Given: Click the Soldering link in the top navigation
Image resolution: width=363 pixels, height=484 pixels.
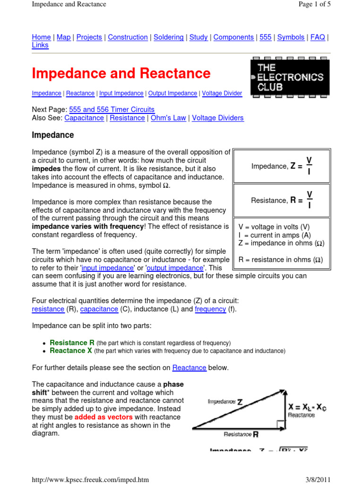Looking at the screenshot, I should coord(168,37).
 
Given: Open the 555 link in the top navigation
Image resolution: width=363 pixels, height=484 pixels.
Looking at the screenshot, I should coord(266,37).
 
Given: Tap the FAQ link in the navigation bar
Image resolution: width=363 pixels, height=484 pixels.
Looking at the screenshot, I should coord(318,37).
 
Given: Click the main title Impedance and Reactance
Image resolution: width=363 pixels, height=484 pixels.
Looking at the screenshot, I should coord(121,74).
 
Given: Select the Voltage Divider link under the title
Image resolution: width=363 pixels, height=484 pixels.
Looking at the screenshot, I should coord(222,94).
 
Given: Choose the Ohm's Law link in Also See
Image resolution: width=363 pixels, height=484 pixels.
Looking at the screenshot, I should coord(168,118).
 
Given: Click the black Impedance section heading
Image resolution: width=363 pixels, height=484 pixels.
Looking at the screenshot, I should coord(53,135).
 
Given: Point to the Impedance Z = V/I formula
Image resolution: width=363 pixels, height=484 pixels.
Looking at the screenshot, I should coord(282,166).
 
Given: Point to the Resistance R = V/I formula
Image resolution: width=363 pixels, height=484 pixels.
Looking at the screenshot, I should coord(282,200).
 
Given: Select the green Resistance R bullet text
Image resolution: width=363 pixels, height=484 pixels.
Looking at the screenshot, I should coord(72,343).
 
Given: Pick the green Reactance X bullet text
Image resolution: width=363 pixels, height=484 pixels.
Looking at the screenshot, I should coord(71,351).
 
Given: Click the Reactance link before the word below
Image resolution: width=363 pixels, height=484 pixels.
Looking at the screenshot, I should coord(189,367).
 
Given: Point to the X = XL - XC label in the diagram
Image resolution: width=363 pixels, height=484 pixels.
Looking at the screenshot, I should coord(307,406).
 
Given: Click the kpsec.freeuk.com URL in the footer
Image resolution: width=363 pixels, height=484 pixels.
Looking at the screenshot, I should coord(90,479).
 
